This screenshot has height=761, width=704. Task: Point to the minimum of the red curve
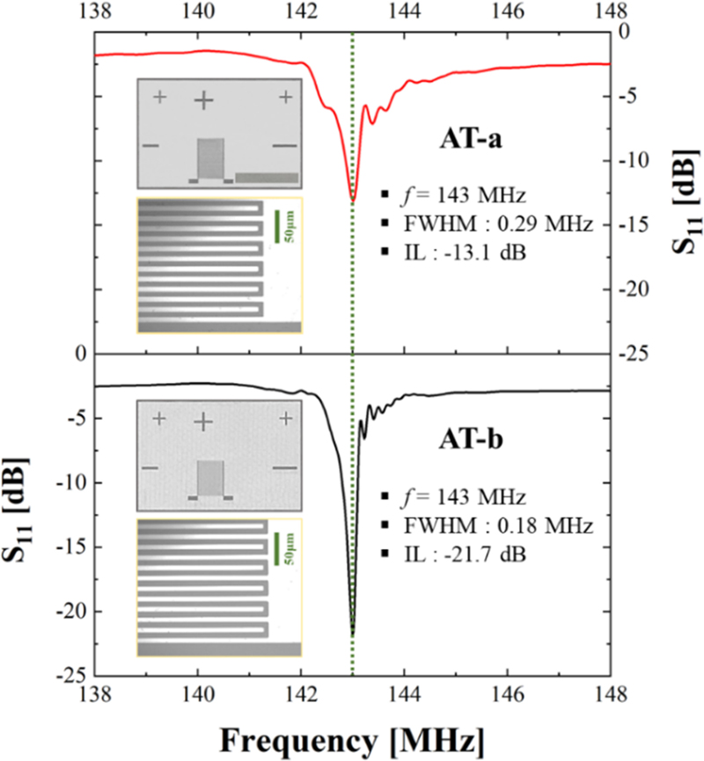(x=353, y=201)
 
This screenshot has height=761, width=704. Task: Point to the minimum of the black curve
(x=353, y=633)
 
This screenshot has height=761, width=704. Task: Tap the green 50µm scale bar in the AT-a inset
(x=277, y=226)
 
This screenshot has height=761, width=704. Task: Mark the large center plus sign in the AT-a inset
(x=203, y=100)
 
